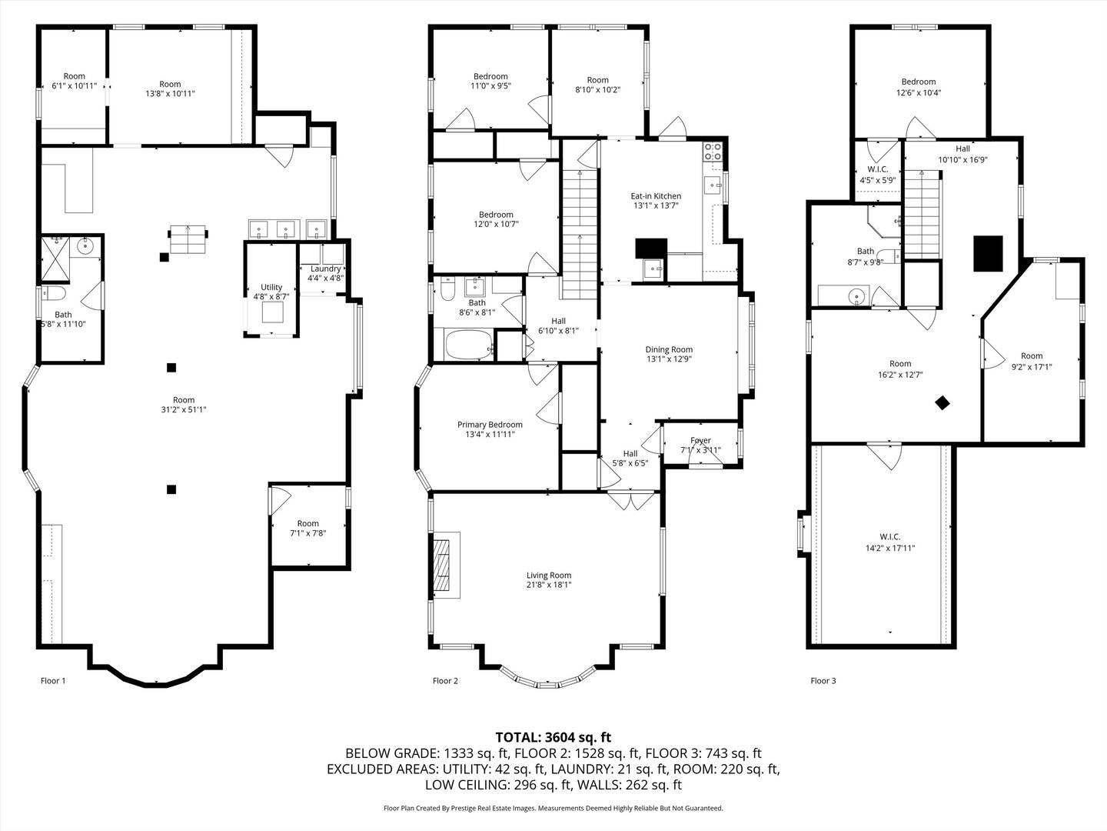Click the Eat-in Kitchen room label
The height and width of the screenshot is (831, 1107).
pyautogui.click(x=656, y=196)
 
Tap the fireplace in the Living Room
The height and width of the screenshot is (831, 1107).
pyautogui.click(x=442, y=564)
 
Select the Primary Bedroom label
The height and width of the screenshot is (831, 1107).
pyautogui.click(x=490, y=425)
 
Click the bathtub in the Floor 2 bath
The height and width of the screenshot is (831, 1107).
pyautogui.click(x=467, y=345)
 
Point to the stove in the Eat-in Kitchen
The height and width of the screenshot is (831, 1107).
pyautogui.click(x=713, y=152)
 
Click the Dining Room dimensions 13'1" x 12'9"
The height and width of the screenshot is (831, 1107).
pyautogui.click(x=668, y=359)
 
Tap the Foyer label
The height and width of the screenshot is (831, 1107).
pyautogui.click(x=700, y=441)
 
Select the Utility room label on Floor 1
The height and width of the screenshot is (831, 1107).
pyautogui.click(x=271, y=287)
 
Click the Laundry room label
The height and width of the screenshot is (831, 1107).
pyautogui.click(x=325, y=269)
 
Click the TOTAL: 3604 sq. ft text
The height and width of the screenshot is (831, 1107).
pyautogui.click(x=553, y=737)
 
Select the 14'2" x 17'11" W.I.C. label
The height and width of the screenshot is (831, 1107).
pyautogui.click(x=890, y=548)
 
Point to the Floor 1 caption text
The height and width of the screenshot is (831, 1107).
pyautogui.click(x=53, y=680)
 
